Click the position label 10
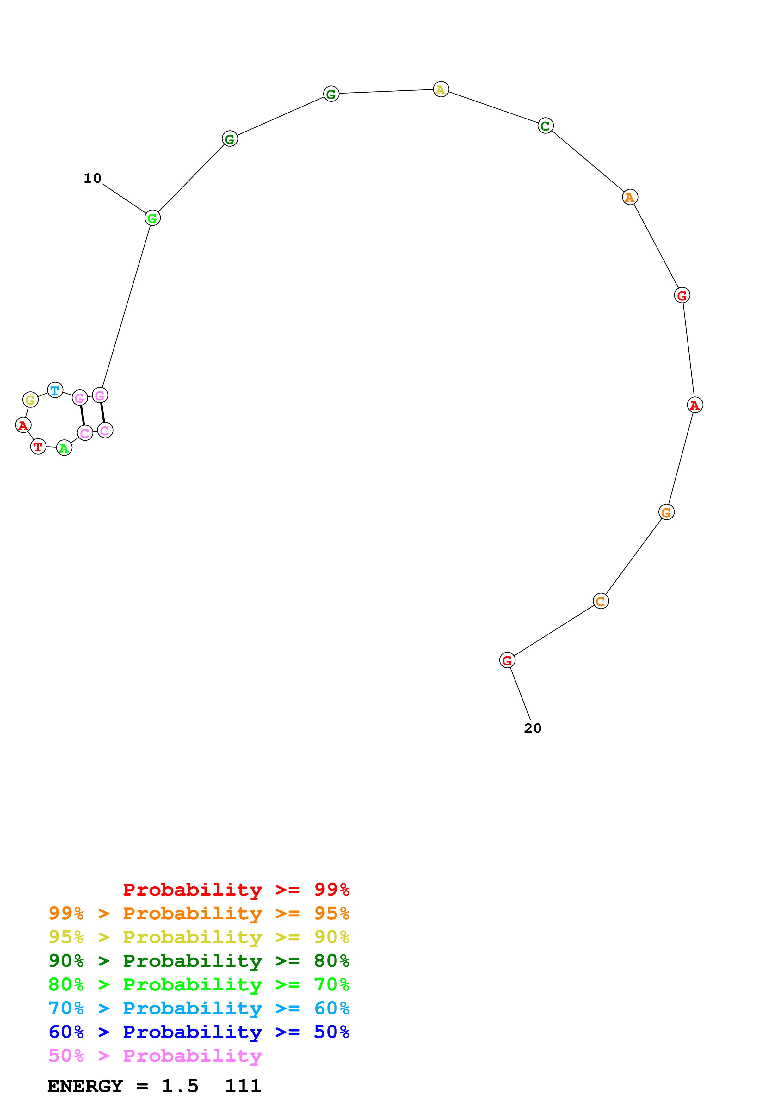92,178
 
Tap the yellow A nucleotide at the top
441,89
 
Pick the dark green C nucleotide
545,126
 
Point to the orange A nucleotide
629,197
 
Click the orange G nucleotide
666,512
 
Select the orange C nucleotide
601,601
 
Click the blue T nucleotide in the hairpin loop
55,390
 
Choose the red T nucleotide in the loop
38,446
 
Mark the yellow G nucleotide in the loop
30,400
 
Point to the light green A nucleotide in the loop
64,448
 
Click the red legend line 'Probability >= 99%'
236,889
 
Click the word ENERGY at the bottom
85,1086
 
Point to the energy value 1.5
180,1086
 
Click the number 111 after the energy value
243,1086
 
